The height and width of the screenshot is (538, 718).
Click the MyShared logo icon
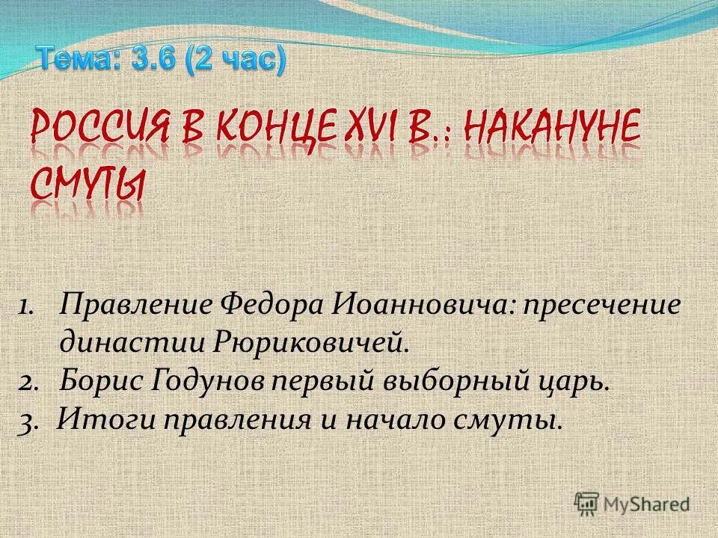tap(588, 504)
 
